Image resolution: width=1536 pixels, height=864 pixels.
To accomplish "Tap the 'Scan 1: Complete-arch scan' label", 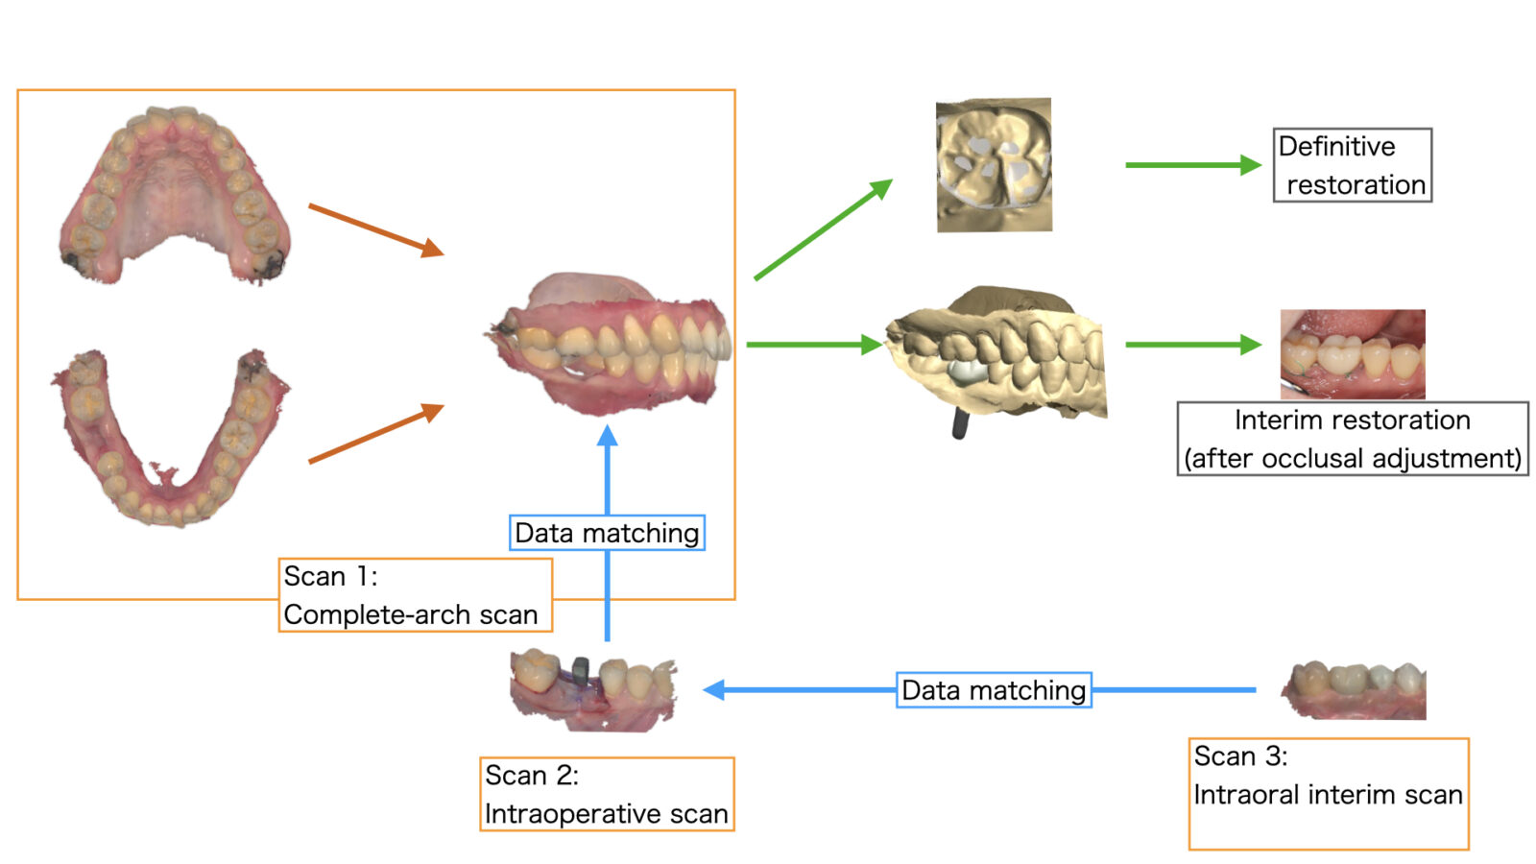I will coord(415,595).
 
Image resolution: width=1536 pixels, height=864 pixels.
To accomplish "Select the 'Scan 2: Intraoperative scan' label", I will coord(606,794).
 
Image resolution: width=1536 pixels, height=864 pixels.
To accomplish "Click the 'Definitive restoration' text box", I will coord(1352,165).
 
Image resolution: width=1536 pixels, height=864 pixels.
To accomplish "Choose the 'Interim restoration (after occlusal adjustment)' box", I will coord(1352,439).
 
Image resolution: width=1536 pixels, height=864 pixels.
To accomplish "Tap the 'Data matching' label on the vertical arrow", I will coord(607,533).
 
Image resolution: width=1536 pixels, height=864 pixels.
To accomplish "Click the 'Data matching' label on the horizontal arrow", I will coord(994,690).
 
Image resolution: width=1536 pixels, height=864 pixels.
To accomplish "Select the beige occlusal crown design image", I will coord(994,165).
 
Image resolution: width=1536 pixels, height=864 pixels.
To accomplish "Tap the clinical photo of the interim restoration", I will coord(1352,353).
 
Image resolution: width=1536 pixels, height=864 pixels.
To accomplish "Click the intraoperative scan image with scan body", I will coord(592,688).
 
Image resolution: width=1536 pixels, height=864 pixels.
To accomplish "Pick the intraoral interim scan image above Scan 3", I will coord(1354,689).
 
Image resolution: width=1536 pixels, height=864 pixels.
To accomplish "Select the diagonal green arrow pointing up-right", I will coord(823,229).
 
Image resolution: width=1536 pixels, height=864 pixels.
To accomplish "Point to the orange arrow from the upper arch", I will coord(375,229).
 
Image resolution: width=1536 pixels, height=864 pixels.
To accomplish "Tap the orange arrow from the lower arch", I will coord(375,434).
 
